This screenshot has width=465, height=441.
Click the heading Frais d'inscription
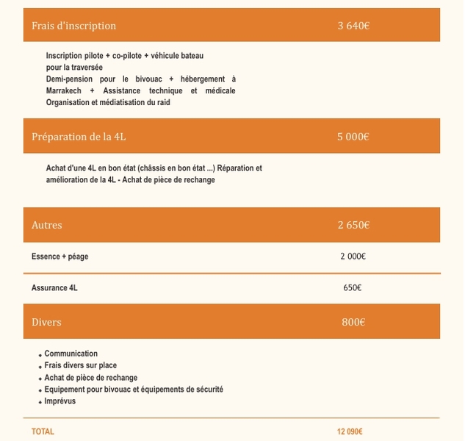click(x=73, y=26)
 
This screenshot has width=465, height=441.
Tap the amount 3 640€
click(x=353, y=26)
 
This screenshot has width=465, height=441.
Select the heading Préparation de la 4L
click(x=84, y=137)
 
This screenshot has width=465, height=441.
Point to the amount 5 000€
click(x=353, y=137)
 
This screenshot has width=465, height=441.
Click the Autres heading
click(x=47, y=225)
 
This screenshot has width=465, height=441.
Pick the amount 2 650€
click(x=353, y=225)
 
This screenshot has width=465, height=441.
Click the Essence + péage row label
click(x=60, y=257)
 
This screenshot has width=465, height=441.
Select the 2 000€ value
click(x=353, y=257)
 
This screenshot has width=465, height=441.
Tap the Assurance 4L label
click(x=54, y=288)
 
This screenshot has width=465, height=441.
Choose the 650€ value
click(x=353, y=288)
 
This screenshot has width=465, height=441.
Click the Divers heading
click(x=46, y=322)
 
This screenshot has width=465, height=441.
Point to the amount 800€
click(x=353, y=322)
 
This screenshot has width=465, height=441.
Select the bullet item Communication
click(x=71, y=354)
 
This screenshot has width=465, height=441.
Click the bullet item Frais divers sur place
click(x=81, y=365)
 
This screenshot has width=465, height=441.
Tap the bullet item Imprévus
click(x=60, y=401)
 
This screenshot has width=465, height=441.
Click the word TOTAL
click(x=43, y=431)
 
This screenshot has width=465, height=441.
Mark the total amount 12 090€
click(x=350, y=431)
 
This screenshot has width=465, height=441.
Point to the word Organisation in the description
click(x=68, y=102)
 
